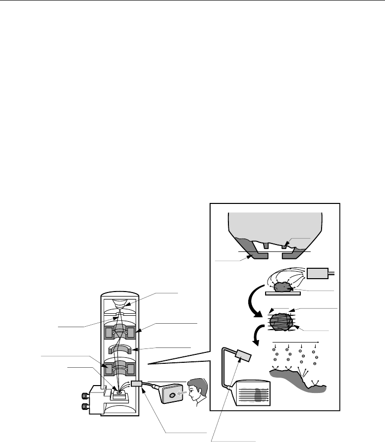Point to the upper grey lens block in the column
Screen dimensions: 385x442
pos(118,335)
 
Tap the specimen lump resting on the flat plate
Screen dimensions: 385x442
pos(284,287)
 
